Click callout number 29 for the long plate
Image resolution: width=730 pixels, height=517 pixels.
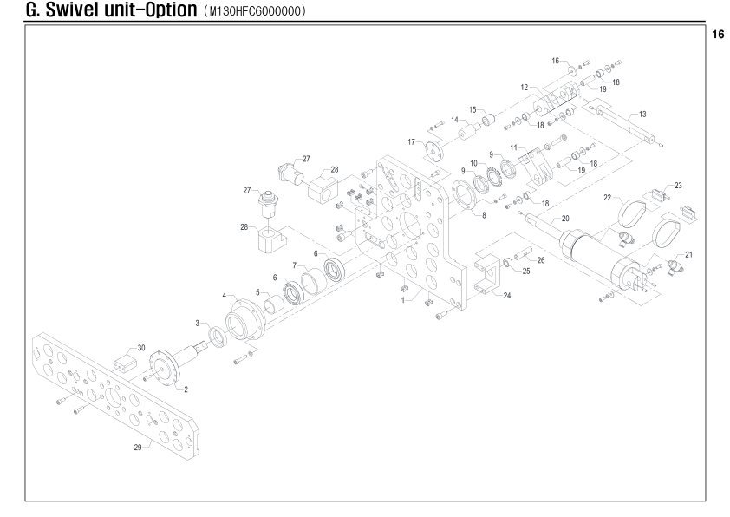pos(138,447)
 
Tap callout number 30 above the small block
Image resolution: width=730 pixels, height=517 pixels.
pos(141,348)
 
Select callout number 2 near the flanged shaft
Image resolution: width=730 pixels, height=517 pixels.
pos(186,389)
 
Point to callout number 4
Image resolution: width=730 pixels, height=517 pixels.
pos(225,295)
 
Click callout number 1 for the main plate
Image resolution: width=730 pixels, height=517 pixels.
pos(403,300)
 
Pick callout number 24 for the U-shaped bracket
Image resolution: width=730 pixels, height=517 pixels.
pos(507,295)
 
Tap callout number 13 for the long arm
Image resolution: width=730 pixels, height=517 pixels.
pos(642,115)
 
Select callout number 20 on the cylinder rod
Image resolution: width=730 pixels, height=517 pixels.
pos(565,218)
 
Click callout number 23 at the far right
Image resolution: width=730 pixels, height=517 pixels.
pos(678,186)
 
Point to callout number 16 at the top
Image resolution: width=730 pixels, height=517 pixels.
pos(556,61)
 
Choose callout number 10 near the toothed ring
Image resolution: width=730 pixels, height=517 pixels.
pos(473,163)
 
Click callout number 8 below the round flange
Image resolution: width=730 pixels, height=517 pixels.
pos(484,215)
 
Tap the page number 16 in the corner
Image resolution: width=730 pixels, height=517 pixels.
pos(718,35)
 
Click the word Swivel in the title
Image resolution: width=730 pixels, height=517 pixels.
pos(75,10)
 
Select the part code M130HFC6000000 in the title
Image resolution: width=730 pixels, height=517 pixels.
pos(255,10)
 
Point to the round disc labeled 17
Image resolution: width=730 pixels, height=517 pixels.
pos(433,150)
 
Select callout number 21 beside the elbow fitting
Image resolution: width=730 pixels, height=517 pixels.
pos(688,255)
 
